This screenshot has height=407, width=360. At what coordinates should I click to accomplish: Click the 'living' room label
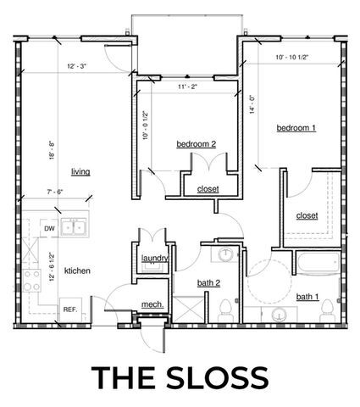(x=80, y=171)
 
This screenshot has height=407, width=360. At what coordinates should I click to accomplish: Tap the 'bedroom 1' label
(x=296, y=128)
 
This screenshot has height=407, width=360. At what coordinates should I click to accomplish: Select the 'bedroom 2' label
(x=196, y=144)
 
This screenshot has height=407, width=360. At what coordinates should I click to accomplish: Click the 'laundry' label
(x=154, y=259)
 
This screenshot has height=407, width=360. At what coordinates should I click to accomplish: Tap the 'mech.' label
(x=152, y=304)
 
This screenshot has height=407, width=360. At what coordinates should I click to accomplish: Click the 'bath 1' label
(x=307, y=297)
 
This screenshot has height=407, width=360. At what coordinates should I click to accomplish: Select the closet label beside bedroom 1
(x=307, y=215)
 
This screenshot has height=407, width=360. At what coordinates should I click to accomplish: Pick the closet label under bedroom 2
(x=207, y=188)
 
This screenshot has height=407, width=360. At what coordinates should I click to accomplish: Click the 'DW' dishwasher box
(x=49, y=228)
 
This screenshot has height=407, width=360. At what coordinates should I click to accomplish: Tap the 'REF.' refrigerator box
(x=70, y=309)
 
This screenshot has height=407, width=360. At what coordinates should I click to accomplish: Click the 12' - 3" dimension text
(x=77, y=65)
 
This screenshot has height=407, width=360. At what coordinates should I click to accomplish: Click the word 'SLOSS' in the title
(x=223, y=376)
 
